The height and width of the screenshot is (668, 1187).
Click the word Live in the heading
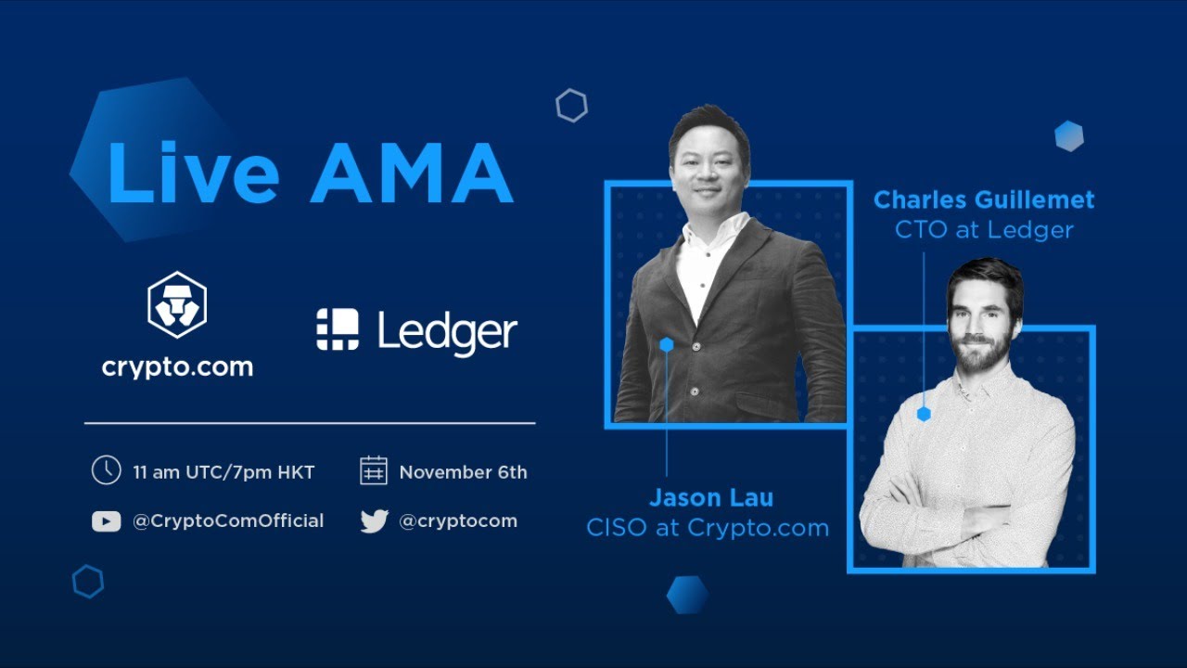click(x=193, y=173)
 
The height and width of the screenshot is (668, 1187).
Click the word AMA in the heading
click(x=411, y=173)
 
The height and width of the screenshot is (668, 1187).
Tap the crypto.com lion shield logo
click(x=177, y=305)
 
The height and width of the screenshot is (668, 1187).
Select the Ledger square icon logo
click(x=338, y=330)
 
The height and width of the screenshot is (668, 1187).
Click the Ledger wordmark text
click(x=447, y=332)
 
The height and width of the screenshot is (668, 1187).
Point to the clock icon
click(x=106, y=470)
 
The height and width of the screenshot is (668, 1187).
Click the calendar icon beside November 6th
click(x=373, y=470)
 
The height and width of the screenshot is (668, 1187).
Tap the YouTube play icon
click(x=106, y=521)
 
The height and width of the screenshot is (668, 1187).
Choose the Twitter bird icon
click(x=374, y=521)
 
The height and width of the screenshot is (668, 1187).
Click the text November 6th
click(x=463, y=472)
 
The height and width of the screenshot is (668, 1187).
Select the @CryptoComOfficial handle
click(x=228, y=520)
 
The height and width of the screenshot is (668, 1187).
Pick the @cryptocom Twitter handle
click(x=458, y=520)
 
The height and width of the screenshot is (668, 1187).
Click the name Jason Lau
click(x=710, y=497)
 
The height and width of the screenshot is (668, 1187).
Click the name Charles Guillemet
click(x=984, y=199)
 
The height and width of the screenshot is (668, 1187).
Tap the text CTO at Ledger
click(x=984, y=230)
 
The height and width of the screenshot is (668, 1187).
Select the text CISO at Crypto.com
click(x=708, y=528)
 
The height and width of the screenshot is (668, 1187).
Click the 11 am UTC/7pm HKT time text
click(x=223, y=472)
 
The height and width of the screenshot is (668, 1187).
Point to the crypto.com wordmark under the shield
click(x=177, y=366)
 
